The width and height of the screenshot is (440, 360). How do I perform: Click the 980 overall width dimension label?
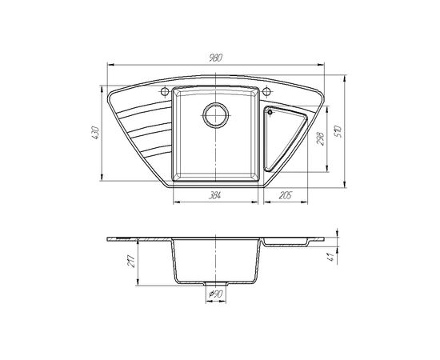(215, 58)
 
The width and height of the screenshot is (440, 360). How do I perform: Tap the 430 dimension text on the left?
(95, 133)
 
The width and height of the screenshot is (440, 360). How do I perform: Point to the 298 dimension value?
(321, 138)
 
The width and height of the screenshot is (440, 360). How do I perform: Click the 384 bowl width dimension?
(214, 195)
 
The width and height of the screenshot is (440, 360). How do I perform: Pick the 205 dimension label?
(286, 195)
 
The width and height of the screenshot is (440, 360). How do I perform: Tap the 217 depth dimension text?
(131, 261)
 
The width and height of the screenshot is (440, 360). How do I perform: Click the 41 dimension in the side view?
(332, 257)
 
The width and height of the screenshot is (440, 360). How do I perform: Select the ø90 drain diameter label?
(215, 294)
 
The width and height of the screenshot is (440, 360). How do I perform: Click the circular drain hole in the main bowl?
(215, 115)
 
